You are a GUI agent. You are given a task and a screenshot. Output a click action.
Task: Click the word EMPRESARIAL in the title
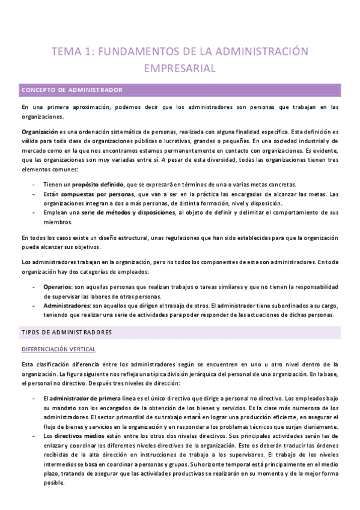[180, 68]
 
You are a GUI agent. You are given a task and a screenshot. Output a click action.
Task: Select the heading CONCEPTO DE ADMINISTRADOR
[72, 90]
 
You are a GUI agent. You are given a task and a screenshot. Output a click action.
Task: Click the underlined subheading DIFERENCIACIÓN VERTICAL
[58, 349]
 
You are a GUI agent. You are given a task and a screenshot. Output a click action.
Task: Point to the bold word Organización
[39, 131]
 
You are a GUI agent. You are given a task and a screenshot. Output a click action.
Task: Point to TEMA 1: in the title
[73, 52]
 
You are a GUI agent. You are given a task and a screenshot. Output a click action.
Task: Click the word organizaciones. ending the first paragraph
[40, 117]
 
